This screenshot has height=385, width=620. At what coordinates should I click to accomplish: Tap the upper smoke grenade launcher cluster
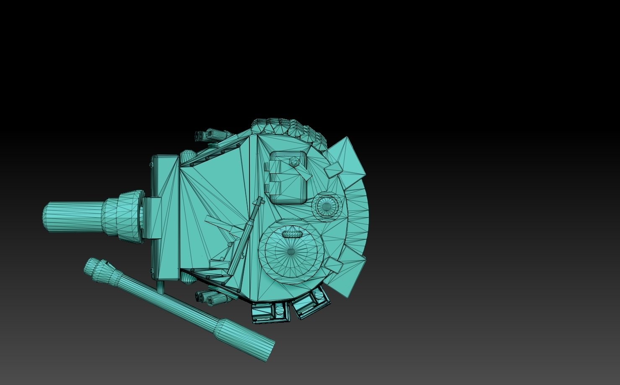coord(212,135)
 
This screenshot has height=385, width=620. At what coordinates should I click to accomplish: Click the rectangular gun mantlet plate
coord(165,218)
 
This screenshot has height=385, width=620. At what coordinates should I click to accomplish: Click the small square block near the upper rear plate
coord(334,169)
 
